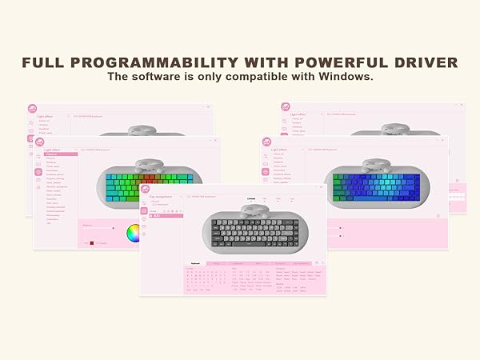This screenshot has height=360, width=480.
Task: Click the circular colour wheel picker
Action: coord(134,232)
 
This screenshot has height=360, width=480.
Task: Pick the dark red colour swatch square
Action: coord(92,242)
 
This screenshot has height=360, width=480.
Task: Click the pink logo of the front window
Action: coord(145,190)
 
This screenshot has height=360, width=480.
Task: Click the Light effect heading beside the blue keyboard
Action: coord(279,149)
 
